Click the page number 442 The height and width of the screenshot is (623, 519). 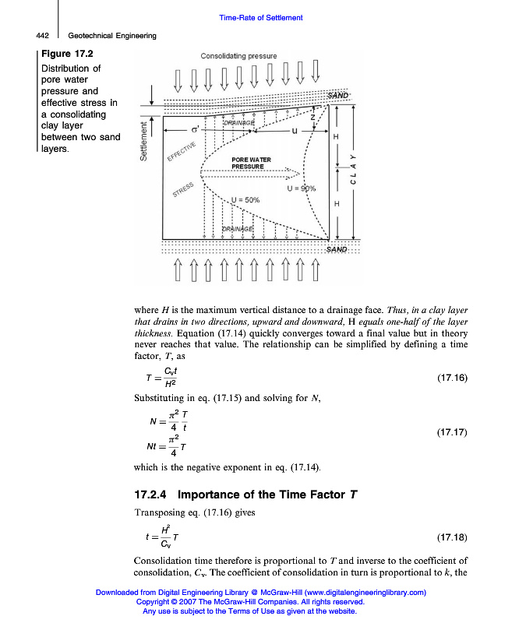[x=44, y=35]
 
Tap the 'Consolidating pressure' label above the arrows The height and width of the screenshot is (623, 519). [x=238, y=56]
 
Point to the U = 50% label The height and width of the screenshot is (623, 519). [x=245, y=200]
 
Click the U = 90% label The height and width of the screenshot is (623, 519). [x=301, y=189]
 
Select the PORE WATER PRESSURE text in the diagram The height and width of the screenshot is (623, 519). [x=251, y=163]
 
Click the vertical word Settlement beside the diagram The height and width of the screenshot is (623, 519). [x=143, y=141]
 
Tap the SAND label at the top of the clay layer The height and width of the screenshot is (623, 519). [x=337, y=95]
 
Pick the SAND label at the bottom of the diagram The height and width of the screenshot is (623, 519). [x=337, y=249]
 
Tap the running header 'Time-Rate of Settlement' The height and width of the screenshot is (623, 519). [x=260, y=18]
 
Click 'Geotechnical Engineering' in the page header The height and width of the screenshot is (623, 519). [x=112, y=35]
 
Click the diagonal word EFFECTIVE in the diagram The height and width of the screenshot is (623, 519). [x=182, y=147]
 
